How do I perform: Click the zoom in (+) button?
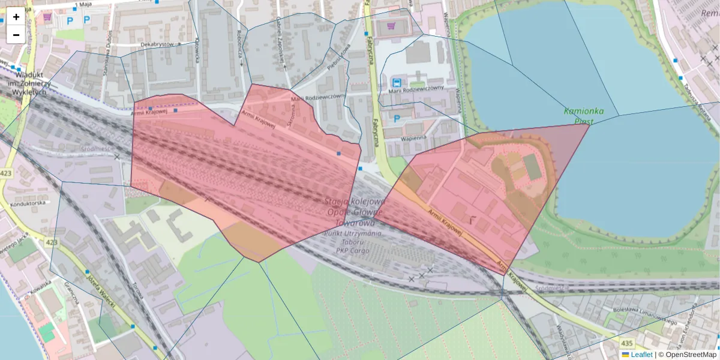click(16, 17)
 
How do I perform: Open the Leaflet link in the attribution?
click(641, 355)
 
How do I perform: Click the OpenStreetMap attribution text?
click(691, 355)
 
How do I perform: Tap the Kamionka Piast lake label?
click(583, 116)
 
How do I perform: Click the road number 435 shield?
click(626, 343)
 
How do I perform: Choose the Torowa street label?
click(138, 294)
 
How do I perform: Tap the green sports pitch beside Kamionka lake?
click(532, 166)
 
